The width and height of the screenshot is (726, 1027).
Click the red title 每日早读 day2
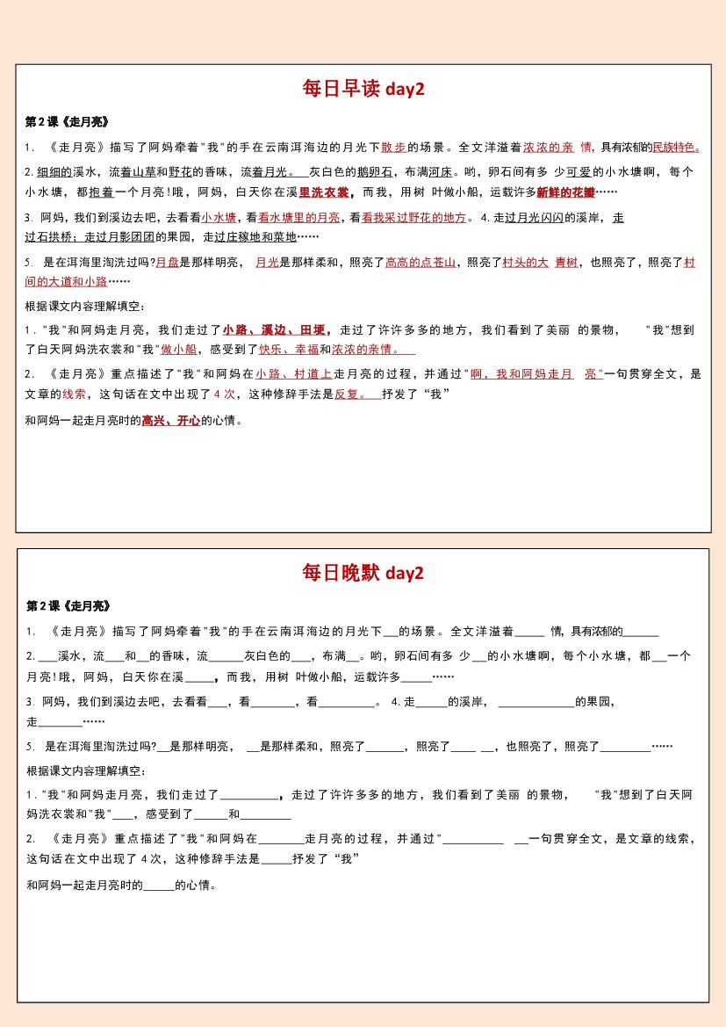(363, 89)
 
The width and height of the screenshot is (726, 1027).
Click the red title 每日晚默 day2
(363, 574)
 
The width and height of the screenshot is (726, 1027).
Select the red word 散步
(393, 148)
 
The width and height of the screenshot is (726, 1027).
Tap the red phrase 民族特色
(675, 148)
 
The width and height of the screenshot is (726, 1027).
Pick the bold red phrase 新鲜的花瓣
(566, 192)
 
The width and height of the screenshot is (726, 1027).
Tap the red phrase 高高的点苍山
(421, 263)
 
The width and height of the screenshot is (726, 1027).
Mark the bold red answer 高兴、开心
(171, 421)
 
